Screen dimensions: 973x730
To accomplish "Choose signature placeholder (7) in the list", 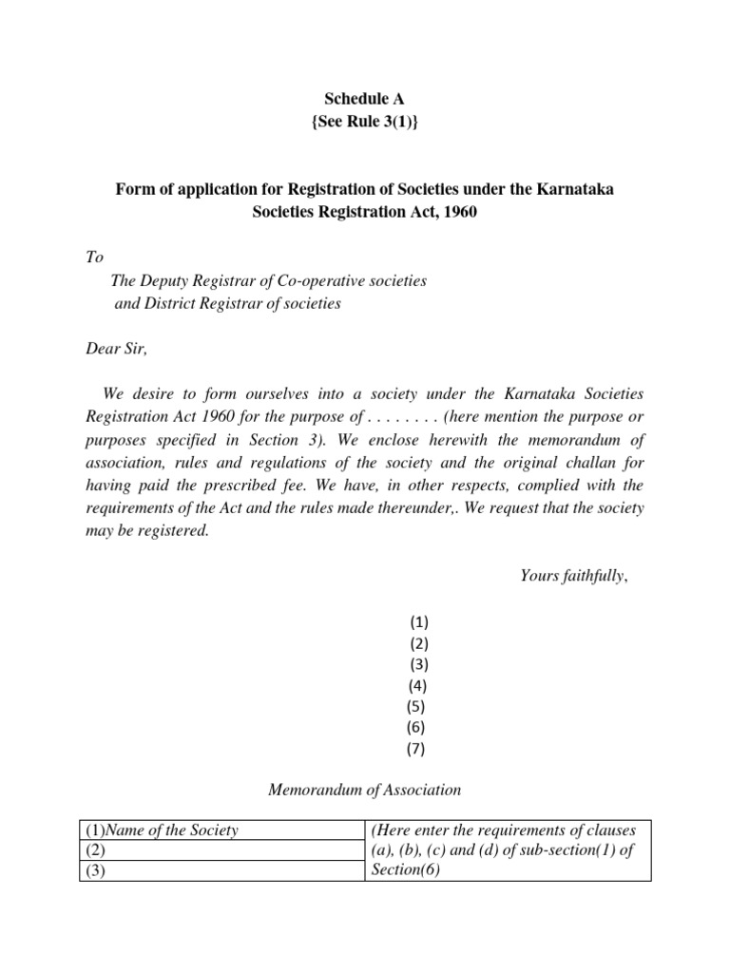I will tap(417, 748).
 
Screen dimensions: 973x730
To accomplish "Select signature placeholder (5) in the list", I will tap(415, 706).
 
